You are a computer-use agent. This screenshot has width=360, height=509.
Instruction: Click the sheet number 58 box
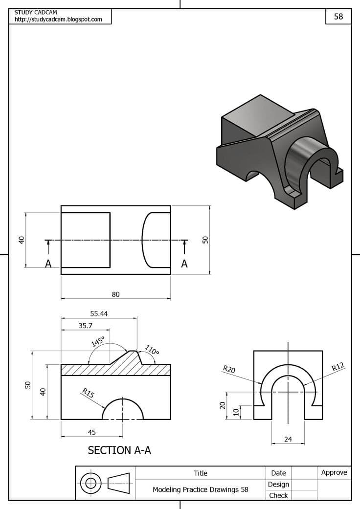[x=338, y=16]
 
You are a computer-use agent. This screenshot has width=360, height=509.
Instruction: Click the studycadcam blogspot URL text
[x=58, y=20]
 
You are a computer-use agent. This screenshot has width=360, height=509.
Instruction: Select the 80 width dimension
[x=115, y=294]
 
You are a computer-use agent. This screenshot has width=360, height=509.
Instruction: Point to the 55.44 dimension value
[x=98, y=313]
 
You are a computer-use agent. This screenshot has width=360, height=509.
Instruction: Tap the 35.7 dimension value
[x=85, y=325]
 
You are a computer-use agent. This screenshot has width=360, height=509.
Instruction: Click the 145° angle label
[x=98, y=341]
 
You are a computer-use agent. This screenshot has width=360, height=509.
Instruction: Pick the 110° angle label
[x=152, y=351]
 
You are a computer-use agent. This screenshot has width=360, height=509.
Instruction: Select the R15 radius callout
[x=88, y=392]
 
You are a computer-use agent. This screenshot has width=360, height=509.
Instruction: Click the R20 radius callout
[x=229, y=369]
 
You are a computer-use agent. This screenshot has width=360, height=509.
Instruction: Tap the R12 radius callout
[x=338, y=367]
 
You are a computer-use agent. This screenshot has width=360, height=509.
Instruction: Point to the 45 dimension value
[x=91, y=432]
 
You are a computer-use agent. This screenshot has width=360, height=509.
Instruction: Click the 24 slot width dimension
[x=288, y=440]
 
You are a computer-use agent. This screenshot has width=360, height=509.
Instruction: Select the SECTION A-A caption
[x=119, y=450]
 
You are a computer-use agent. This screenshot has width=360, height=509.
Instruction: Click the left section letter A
[x=48, y=264]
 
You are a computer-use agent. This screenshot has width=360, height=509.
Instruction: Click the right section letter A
[x=184, y=264]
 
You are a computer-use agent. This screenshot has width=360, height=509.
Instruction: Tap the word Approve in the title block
[x=334, y=472]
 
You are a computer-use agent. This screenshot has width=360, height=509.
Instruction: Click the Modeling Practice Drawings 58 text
[x=201, y=489]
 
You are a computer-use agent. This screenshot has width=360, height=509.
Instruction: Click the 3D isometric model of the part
[x=279, y=152]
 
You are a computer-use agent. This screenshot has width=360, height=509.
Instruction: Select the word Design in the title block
[x=278, y=484]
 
